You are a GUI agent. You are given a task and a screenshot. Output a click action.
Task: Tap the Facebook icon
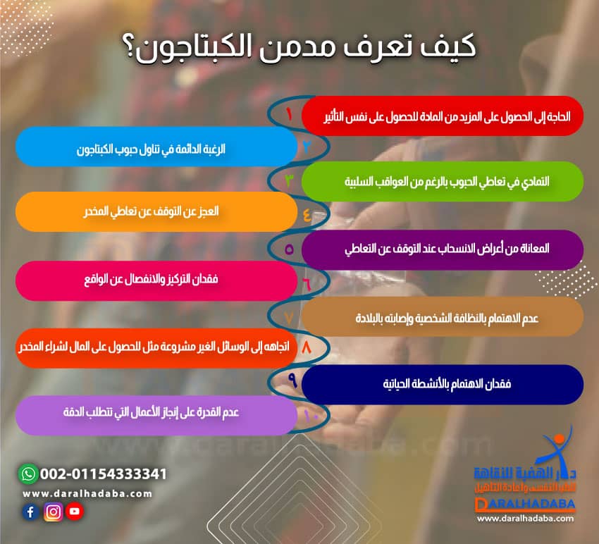(30, 513)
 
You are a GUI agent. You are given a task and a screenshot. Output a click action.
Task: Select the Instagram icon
(53, 513)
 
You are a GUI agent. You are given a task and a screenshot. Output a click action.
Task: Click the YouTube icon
(75, 512)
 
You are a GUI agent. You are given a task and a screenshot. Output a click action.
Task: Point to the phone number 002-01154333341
(104, 474)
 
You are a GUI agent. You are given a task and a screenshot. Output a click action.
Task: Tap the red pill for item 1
(443, 116)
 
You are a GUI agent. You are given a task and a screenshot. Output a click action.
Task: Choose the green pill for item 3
(443, 181)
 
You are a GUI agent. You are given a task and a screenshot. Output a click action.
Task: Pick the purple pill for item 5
(443, 249)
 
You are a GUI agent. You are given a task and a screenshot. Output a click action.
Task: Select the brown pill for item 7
(443, 317)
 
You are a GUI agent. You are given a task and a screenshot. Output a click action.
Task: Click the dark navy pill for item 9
(443, 384)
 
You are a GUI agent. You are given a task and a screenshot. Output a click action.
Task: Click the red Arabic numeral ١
(290, 113)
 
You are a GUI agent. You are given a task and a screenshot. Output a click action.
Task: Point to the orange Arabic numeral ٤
(307, 214)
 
